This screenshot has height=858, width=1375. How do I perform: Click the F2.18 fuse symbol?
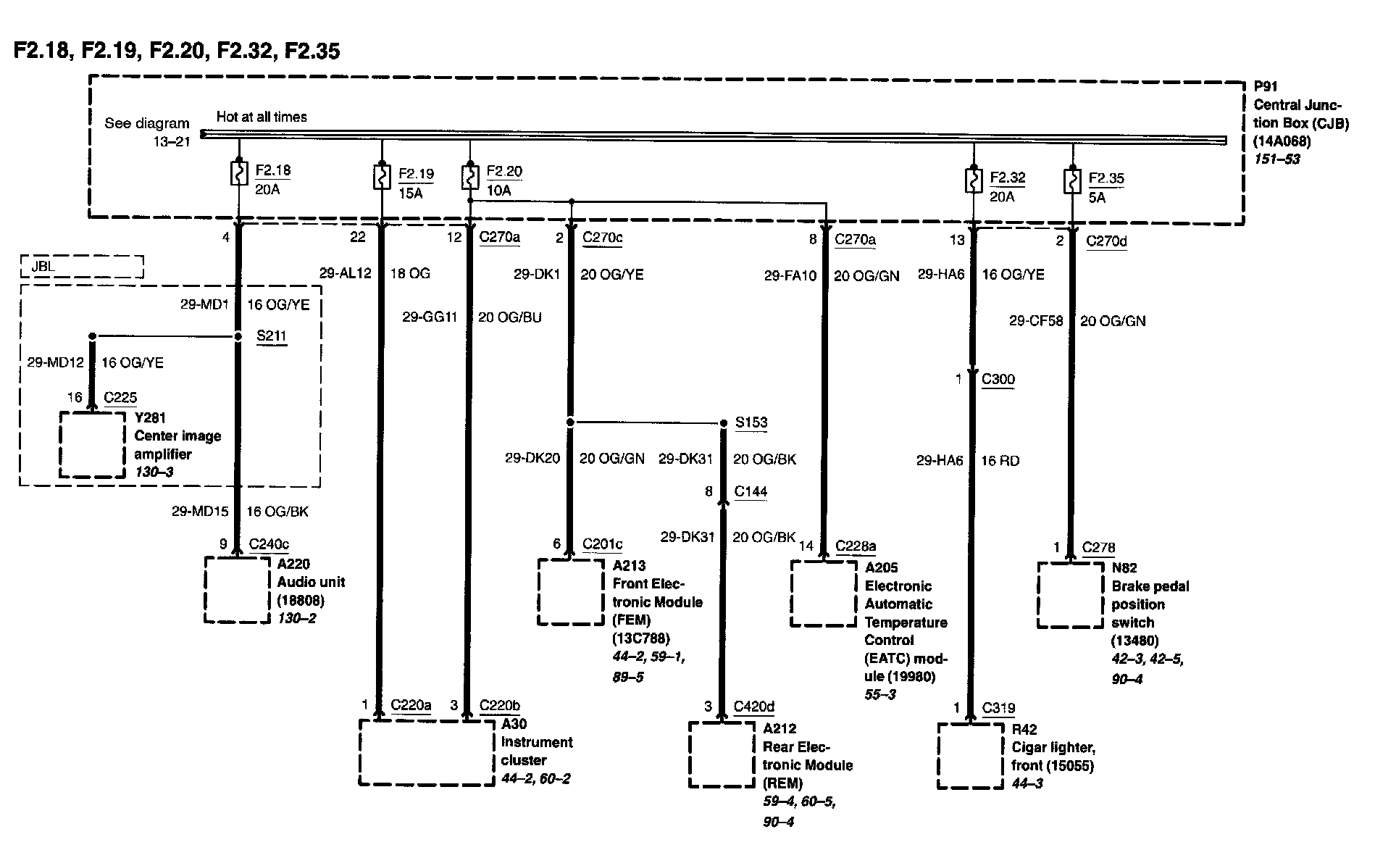tap(238, 173)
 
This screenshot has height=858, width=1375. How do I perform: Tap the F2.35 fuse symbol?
tap(1071, 180)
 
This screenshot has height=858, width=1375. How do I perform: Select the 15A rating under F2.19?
tap(410, 193)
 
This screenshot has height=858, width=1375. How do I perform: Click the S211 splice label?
tap(272, 336)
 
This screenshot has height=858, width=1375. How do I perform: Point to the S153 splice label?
tap(751, 422)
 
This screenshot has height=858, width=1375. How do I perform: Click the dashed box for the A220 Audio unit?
tap(237, 590)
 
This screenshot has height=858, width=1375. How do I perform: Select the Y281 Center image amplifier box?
tap(92, 445)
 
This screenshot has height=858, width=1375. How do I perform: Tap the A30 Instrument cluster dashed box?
tap(427, 752)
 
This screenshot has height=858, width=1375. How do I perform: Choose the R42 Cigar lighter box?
tap(971, 756)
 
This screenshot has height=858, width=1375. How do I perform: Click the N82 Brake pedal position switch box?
tap(1070, 595)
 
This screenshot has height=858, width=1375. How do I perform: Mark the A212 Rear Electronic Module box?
tap(722, 754)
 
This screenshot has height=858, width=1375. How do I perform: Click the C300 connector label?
tap(998, 379)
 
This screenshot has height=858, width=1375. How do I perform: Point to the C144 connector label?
tap(751, 491)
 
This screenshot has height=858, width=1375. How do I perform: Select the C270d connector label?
tap(1106, 241)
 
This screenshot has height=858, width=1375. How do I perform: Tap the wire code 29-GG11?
tap(430, 317)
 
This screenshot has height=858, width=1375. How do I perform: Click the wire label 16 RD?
tap(1000, 461)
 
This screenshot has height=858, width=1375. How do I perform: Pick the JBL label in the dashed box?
tap(43, 266)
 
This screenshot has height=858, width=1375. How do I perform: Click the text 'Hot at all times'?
tap(262, 117)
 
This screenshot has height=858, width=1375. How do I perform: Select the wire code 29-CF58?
tap(1036, 320)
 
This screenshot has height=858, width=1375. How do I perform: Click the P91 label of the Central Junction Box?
tap(1266, 86)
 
